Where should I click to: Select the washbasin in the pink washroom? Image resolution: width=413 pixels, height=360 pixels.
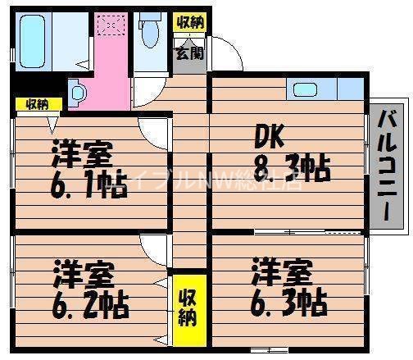pos(79,92)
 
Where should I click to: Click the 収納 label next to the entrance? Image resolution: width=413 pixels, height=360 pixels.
pos(190,22)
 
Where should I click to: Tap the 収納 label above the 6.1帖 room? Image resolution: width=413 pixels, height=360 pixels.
pos(36,104)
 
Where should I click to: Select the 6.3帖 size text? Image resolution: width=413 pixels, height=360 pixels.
pos(288,300)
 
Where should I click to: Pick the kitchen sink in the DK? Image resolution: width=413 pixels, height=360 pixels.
pos(306,89)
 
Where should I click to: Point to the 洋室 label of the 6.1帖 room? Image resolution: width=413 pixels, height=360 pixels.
pos(82,153)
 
